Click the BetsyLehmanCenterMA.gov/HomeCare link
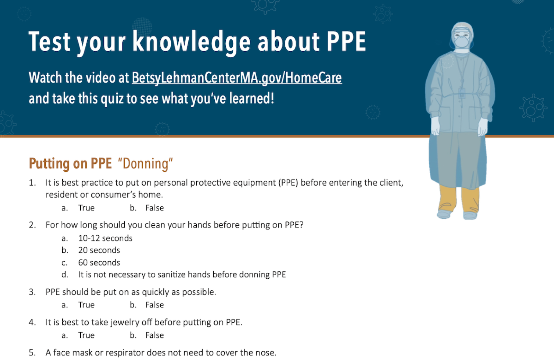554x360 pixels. [237, 78]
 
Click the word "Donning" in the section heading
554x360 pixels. [145, 164]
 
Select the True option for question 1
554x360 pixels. [86, 208]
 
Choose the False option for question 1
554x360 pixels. [154, 208]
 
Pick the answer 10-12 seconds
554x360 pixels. [105, 238]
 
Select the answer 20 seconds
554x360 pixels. [99, 250]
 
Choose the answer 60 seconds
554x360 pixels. [99, 262]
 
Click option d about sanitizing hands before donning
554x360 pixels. [182, 275]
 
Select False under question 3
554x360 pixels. [154, 305]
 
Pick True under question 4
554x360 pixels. [86, 335]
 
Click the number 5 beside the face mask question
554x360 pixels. [32, 353]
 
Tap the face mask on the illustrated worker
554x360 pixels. [462, 41]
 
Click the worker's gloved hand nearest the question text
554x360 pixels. [436, 126]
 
